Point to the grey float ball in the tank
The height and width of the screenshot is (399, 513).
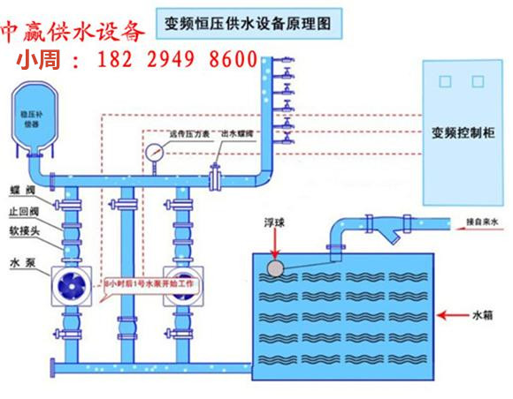pyautogui.click(x=277, y=267)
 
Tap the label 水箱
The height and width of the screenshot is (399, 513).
pyautogui.click(x=479, y=313)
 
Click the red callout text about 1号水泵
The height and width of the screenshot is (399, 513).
pyautogui.click(x=151, y=284)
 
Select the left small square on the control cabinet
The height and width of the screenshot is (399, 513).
pyautogui.click(x=447, y=79)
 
